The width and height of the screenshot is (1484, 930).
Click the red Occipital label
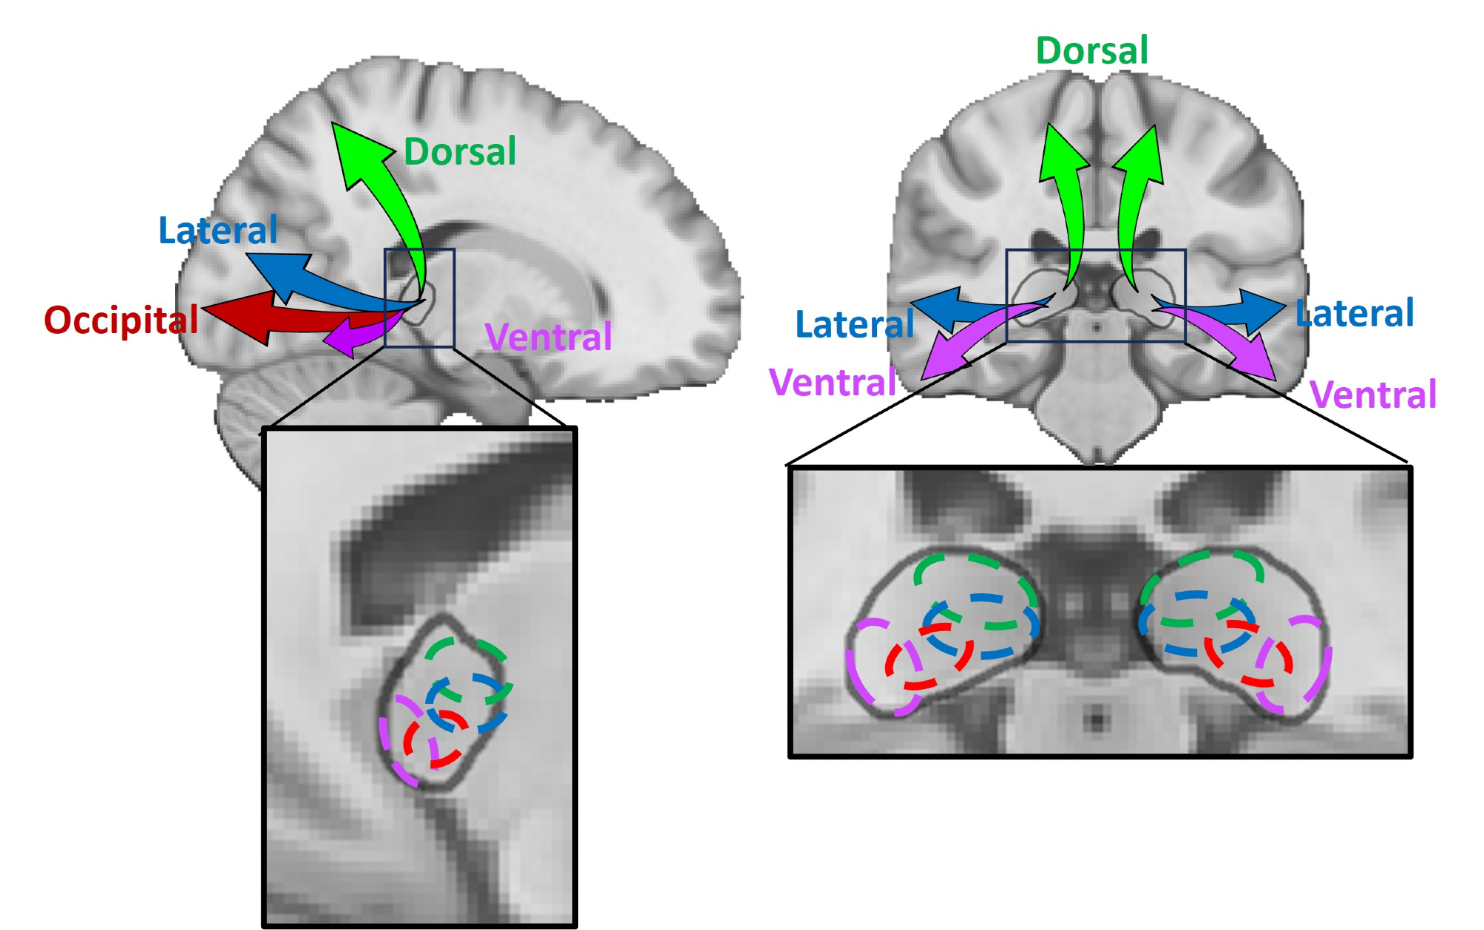pyautogui.click(x=121, y=320)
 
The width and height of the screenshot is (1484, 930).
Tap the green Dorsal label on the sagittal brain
pyautogui.click(x=460, y=152)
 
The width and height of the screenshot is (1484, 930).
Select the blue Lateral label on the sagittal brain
pyautogui.click(x=218, y=231)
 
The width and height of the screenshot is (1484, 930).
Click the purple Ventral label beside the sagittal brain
pyautogui.click(x=548, y=337)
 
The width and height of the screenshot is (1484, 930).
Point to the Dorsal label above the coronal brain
pyautogui.click(x=1091, y=51)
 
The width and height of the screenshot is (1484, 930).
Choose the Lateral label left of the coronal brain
pyautogui.click(x=854, y=325)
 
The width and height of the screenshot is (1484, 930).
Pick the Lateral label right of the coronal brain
pyautogui.click(x=1355, y=314)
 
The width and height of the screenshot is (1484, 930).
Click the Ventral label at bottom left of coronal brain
pyautogui.click(x=833, y=383)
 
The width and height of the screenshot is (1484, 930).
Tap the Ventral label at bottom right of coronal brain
pyautogui.click(x=1373, y=395)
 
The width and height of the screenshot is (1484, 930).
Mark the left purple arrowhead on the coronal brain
pyautogui.click(x=942, y=357)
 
